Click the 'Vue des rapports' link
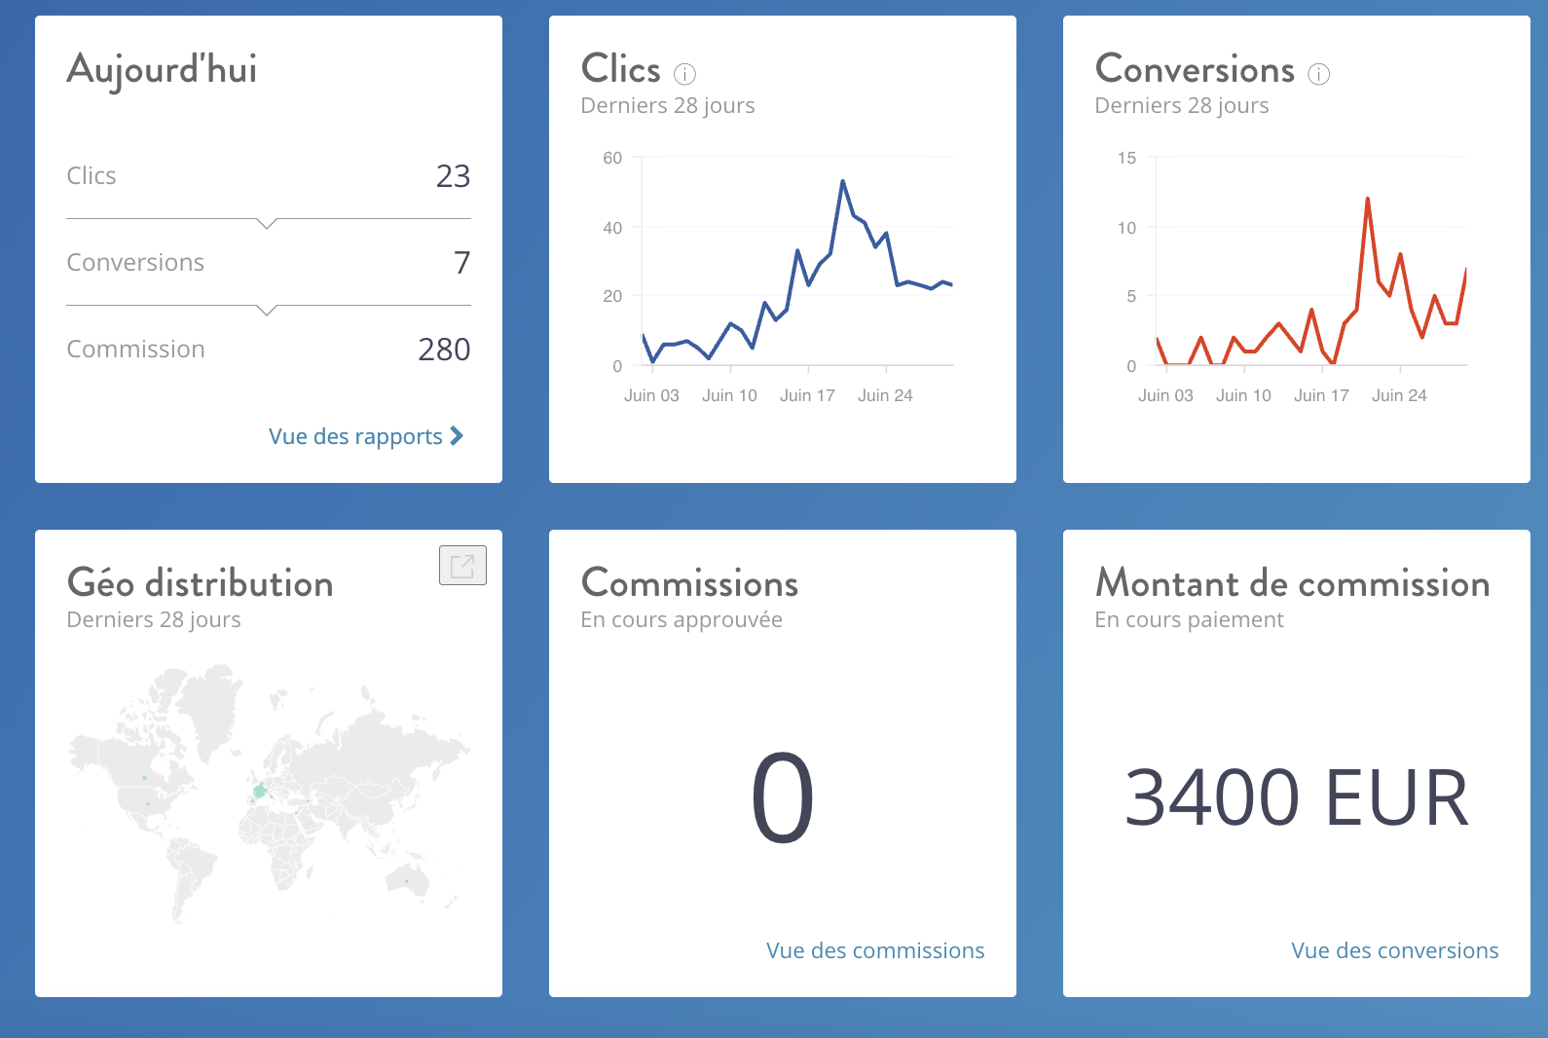[x=365, y=436]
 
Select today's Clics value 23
[x=453, y=176]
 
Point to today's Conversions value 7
[x=461, y=263]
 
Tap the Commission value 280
[x=444, y=350]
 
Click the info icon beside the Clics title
[x=685, y=74]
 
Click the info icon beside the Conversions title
[x=1319, y=74]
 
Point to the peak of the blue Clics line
[x=842, y=181]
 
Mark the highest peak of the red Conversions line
[x=1368, y=199]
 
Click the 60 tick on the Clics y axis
[x=612, y=158]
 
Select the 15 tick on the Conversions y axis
[x=1126, y=158]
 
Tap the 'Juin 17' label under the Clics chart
[x=807, y=395]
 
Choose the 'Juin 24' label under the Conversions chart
[x=1399, y=395]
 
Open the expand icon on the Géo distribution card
[x=462, y=566]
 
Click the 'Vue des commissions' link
[x=875, y=950]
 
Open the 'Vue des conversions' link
[x=1394, y=950]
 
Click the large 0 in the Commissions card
[x=783, y=798]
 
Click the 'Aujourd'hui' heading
[x=162, y=70]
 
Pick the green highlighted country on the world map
[x=259, y=791]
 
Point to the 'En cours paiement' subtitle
[x=1189, y=620]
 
